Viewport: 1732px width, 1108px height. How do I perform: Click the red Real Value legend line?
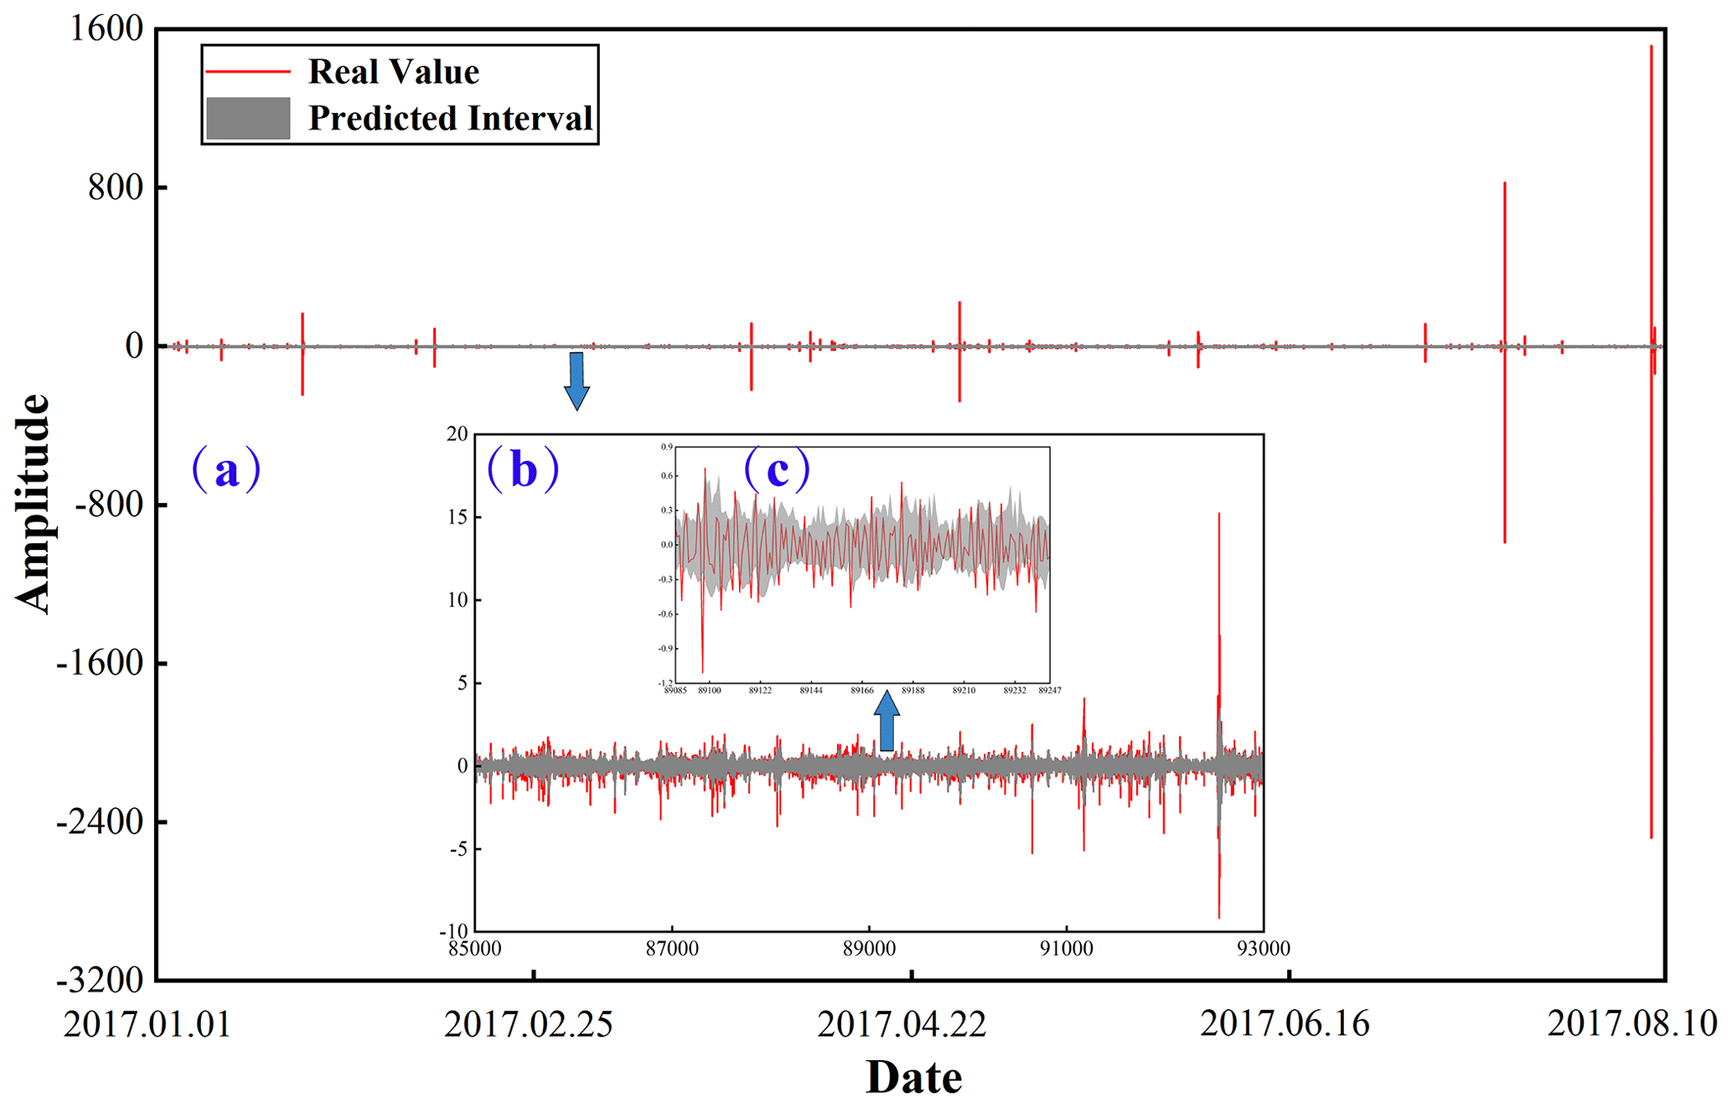tap(248, 72)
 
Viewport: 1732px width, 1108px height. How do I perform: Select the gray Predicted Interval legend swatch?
tap(248, 118)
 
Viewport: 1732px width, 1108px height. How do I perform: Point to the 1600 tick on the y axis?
tap(106, 29)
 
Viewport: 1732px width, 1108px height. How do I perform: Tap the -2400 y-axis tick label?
tap(100, 822)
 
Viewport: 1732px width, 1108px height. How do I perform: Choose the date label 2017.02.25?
tap(529, 1024)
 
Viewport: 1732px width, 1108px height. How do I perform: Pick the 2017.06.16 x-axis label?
tap(1285, 1024)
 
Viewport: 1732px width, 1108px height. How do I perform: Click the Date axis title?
tap(913, 1077)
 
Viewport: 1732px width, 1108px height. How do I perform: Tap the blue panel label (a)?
tap(226, 469)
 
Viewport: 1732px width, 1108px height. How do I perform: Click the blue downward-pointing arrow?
tap(576, 381)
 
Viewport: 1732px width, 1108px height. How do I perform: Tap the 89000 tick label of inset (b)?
tap(869, 949)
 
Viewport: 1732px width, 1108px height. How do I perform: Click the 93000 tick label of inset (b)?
tap(1263, 949)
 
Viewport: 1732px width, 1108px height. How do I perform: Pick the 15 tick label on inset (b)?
tap(457, 517)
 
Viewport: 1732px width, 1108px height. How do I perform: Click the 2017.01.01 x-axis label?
tap(147, 1024)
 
